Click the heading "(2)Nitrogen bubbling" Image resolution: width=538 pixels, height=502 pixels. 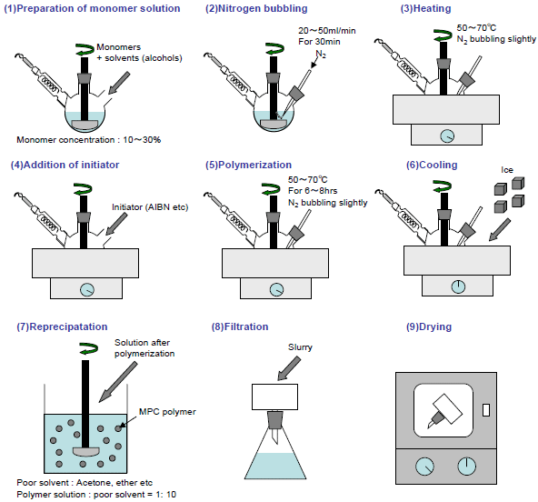[x=256, y=8]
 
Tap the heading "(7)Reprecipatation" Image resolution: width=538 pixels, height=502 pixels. [x=62, y=326]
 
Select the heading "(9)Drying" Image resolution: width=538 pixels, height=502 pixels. [x=429, y=326]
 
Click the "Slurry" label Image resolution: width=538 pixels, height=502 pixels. [x=300, y=347]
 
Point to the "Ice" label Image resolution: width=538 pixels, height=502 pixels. [x=507, y=170]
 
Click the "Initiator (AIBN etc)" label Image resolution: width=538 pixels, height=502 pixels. [x=150, y=207]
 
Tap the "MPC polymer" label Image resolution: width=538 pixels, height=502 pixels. [x=167, y=412]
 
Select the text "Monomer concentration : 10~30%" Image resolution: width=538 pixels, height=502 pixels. [x=88, y=140]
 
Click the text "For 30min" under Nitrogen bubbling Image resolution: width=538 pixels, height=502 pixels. [x=319, y=42]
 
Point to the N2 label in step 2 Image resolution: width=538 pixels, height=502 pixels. [x=321, y=54]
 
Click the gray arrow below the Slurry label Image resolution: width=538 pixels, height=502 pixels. [x=289, y=368]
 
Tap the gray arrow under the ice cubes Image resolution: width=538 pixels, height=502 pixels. [x=499, y=230]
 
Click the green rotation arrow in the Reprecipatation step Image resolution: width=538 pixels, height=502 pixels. [x=89, y=348]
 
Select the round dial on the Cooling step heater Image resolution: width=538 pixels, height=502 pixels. [x=458, y=286]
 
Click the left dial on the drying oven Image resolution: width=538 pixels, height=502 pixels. [x=424, y=467]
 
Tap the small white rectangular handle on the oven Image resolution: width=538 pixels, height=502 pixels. [x=486, y=410]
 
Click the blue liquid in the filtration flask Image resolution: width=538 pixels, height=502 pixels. [x=275, y=466]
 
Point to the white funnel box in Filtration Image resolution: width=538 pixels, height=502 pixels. [x=274, y=397]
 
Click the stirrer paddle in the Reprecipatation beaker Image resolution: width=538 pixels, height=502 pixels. [x=85, y=452]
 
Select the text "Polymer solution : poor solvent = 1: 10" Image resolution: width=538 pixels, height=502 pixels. [x=96, y=495]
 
